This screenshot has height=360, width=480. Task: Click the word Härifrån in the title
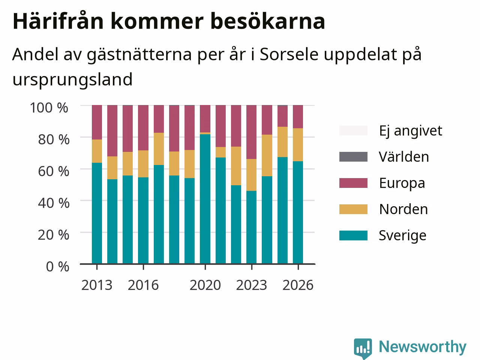click(58, 21)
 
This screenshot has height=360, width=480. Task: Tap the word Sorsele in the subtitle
click(289, 54)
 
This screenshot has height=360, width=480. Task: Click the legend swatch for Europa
click(353, 183)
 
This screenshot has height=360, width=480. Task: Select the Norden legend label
click(403, 209)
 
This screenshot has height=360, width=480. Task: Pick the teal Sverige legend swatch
click(353, 235)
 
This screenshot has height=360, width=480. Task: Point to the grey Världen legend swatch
click(353, 157)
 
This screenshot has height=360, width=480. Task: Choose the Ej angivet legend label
click(411, 131)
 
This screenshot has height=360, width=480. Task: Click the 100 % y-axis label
click(49, 108)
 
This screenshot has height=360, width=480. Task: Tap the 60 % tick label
click(54, 171)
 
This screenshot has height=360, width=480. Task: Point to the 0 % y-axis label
click(57, 267)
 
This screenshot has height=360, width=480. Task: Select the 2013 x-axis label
click(97, 285)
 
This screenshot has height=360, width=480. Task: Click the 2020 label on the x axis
click(205, 285)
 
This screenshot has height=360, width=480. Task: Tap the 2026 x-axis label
click(298, 285)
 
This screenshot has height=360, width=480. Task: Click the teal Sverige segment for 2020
click(205, 199)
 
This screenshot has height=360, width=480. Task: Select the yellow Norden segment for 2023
click(252, 175)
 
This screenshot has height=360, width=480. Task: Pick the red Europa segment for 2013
click(97, 122)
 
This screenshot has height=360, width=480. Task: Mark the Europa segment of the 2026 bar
click(298, 117)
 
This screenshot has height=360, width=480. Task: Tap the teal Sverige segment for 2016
click(143, 220)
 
